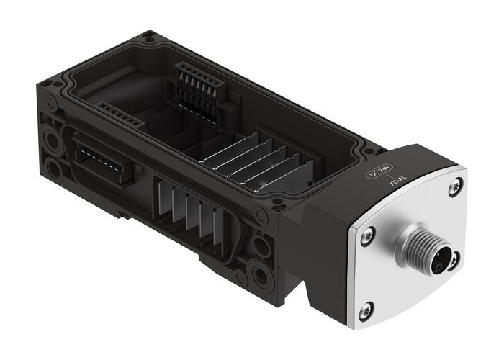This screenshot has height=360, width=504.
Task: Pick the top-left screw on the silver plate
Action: [x=367, y=233]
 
